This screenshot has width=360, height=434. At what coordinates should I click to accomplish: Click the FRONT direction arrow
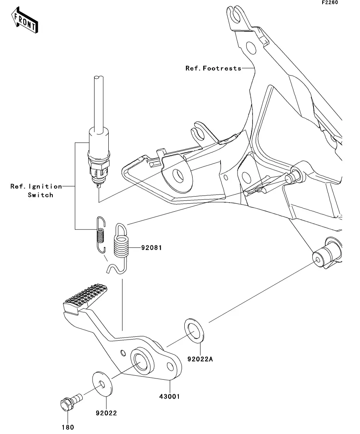pos(25,20)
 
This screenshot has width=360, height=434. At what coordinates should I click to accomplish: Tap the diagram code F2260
pos(330,2)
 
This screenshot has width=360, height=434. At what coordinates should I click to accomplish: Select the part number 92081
pos(151,248)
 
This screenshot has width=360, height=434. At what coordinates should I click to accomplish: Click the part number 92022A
pos(200,359)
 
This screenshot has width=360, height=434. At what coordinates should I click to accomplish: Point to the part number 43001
pos(170,397)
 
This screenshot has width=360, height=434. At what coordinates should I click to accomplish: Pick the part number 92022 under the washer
pos(106,413)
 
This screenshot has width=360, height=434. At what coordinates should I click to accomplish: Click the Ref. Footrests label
pos(213,68)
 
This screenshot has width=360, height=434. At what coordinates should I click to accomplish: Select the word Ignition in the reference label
pos(45,187)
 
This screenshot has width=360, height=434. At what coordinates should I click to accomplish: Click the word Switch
pos(41,195)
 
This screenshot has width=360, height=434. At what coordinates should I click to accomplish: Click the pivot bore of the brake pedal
pos(141,362)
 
